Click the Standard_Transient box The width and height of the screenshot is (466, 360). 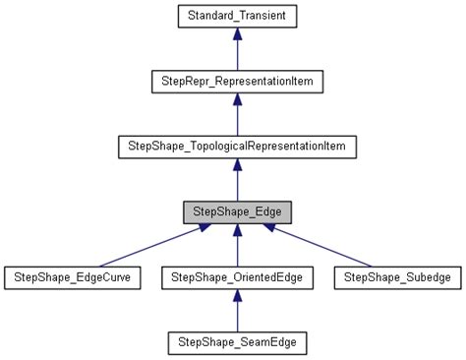tap(236, 16)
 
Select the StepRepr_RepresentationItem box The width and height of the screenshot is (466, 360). tap(236, 81)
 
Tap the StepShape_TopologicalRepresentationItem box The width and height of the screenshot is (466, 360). tap(236, 147)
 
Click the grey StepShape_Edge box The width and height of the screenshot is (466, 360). tap(236, 212)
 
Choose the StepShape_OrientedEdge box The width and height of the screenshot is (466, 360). tap(236, 278)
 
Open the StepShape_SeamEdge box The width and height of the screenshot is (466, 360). tap(236, 344)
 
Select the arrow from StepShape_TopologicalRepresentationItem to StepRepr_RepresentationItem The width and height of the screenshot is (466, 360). tap(236, 116)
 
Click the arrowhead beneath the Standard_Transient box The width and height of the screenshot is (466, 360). tap(236, 33)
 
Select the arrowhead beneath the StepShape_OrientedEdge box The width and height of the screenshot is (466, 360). tap(236, 296)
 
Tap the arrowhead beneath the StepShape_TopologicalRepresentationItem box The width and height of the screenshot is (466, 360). tap(236, 164)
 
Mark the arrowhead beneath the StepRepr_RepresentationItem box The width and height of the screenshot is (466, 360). tap(236, 98)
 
